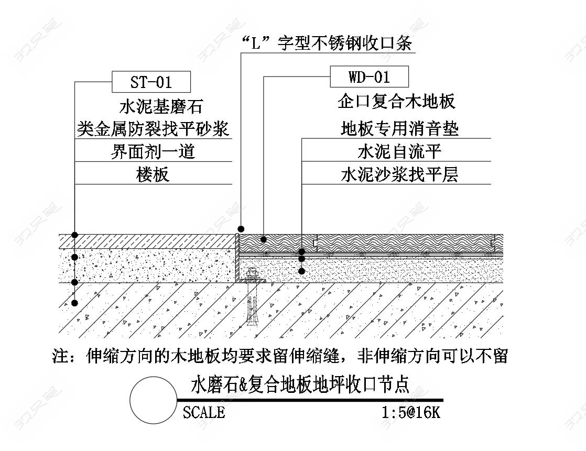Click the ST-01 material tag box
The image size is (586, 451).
(x=151, y=82)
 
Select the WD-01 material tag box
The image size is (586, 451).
(x=369, y=77)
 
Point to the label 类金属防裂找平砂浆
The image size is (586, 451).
(x=153, y=128)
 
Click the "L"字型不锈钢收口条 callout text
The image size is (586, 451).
(x=328, y=43)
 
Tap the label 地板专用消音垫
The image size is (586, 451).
(x=399, y=128)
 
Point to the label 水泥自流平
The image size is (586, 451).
(x=399, y=151)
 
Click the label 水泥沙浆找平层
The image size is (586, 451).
(x=399, y=174)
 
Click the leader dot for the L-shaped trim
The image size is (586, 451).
(x=241, y=229)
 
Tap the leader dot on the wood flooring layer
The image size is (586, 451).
(x=264, y=239)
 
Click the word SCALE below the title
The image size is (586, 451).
(x=204, y=412)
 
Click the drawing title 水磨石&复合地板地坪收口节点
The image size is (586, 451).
(x=300, y=384)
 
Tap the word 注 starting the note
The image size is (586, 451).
(x=61, y=356)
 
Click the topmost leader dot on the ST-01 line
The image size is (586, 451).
(x=75, y=234)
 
